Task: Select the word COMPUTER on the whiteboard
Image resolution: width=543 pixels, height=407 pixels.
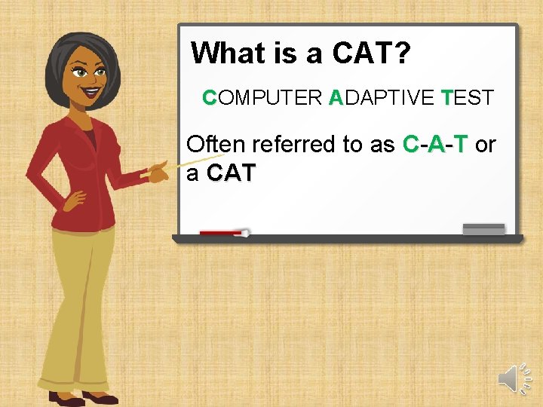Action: [262, 98]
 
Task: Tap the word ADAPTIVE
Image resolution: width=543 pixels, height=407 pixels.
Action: [382, 98]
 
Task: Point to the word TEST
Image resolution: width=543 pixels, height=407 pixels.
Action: [468, 98]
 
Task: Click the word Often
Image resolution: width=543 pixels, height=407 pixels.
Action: [215, 145]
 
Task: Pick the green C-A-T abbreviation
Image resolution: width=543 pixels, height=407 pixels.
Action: [436, 145]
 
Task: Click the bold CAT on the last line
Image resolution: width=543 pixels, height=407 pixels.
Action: [232, 174]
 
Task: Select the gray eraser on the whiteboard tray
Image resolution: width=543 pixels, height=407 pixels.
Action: [483, 229]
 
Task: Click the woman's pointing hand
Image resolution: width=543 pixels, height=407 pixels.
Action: [158, 172]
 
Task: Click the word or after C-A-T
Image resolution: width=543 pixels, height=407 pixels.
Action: [486, 145]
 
